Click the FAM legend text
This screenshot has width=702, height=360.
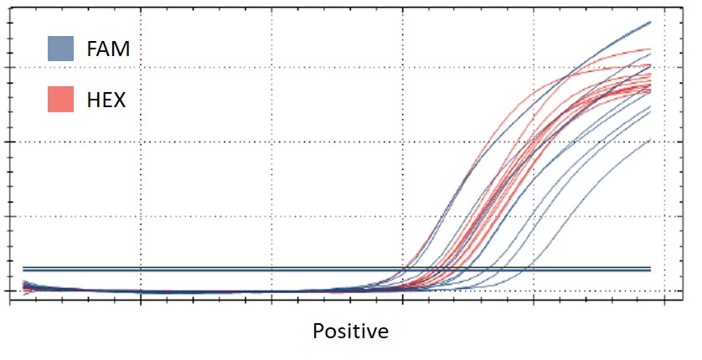[x=108, y=49]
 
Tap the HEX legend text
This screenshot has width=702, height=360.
[x=106, y=100]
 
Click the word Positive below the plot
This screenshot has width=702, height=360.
[x=350, y=332]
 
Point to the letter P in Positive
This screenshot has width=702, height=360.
[x=318, y=332]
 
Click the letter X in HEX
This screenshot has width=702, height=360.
[x=119, y=100]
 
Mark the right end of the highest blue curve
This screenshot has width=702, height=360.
[x=650, y=23]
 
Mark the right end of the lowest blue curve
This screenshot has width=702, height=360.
[x=650, y=140]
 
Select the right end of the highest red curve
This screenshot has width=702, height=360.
[x=650, y=49]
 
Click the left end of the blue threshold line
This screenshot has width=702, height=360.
[x=23, y=270]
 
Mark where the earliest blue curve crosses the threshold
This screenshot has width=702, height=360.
[x=404, y=270]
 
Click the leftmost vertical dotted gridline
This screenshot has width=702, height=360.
[x=140, y=151]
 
